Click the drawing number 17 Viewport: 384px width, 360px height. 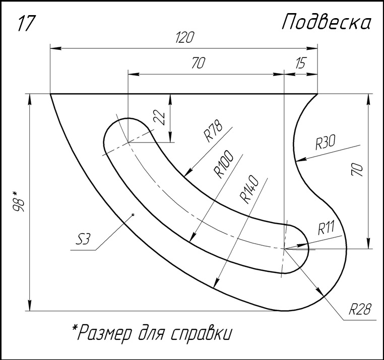(x=26, y=23)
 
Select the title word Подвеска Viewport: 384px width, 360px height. (x=327, y=22)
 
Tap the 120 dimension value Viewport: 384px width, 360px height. (x=185, y=37)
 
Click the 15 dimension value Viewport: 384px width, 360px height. (x=300, y=63)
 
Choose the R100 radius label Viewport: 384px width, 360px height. (x=224, y=164)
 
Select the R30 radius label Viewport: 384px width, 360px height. (x=325, y=142)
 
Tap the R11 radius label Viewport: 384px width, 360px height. (x=326, y=228)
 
